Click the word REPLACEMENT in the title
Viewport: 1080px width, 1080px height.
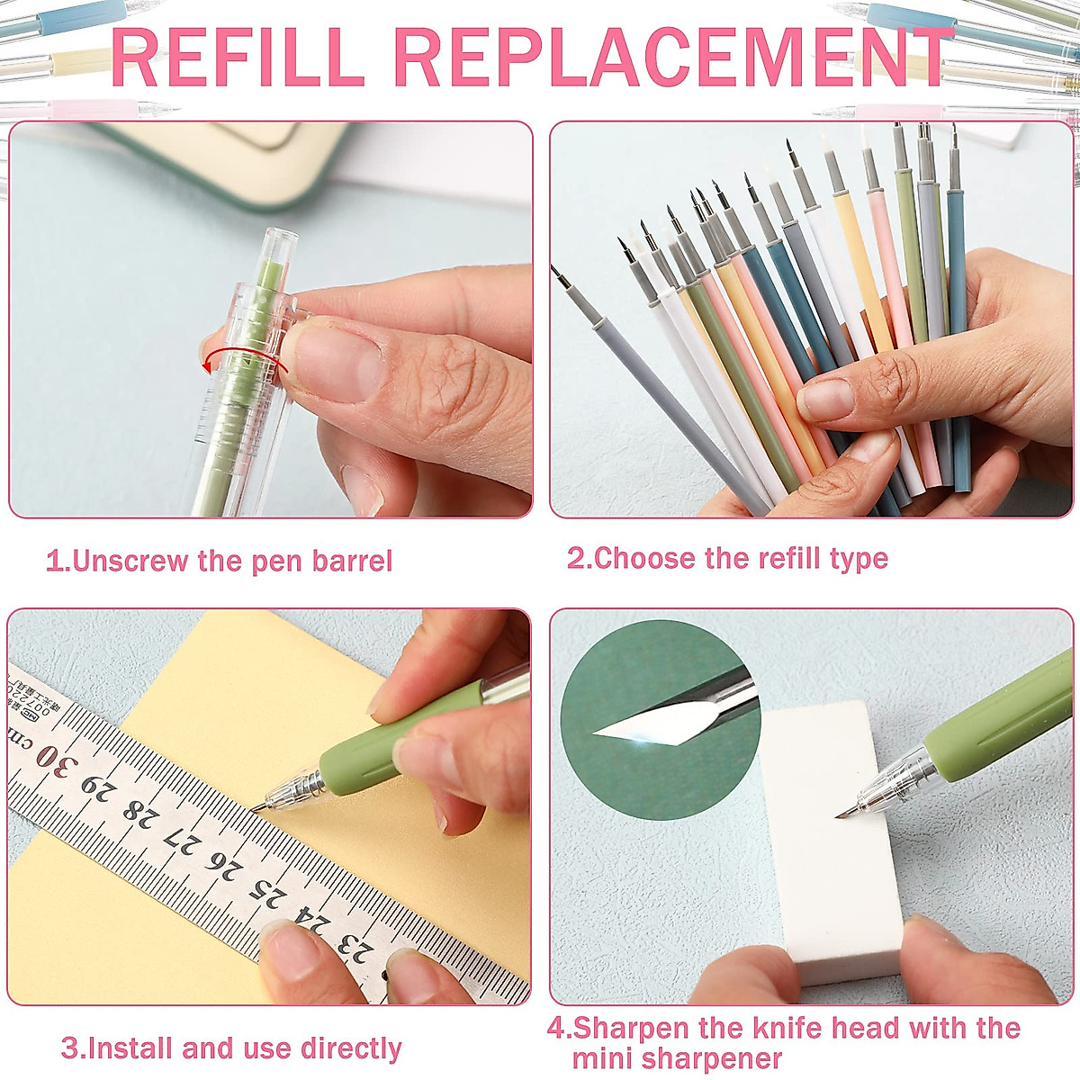point(673,58)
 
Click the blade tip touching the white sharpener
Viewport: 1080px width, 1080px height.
point(839,815)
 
